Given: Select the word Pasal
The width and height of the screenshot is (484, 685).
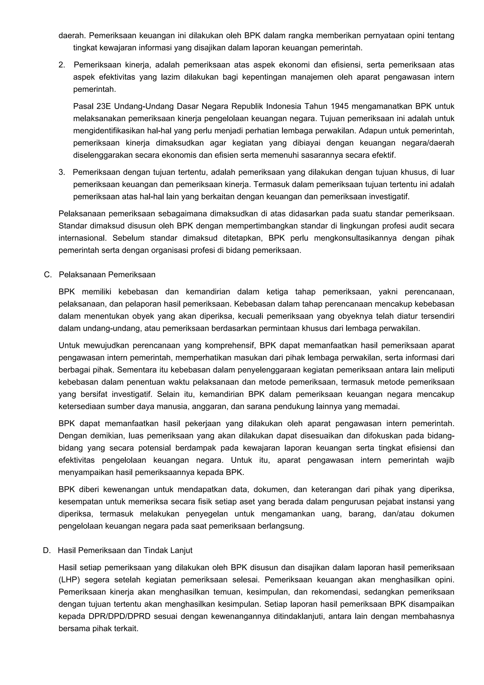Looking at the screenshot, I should coord(83,106).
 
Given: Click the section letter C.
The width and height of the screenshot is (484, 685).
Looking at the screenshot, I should coord(47,274).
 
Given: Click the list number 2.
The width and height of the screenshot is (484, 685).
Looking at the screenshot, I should coord(61,65).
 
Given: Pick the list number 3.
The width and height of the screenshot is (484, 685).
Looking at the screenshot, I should coord(61,172).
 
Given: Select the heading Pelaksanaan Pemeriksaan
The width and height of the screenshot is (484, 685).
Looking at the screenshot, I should coord(107,274).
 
